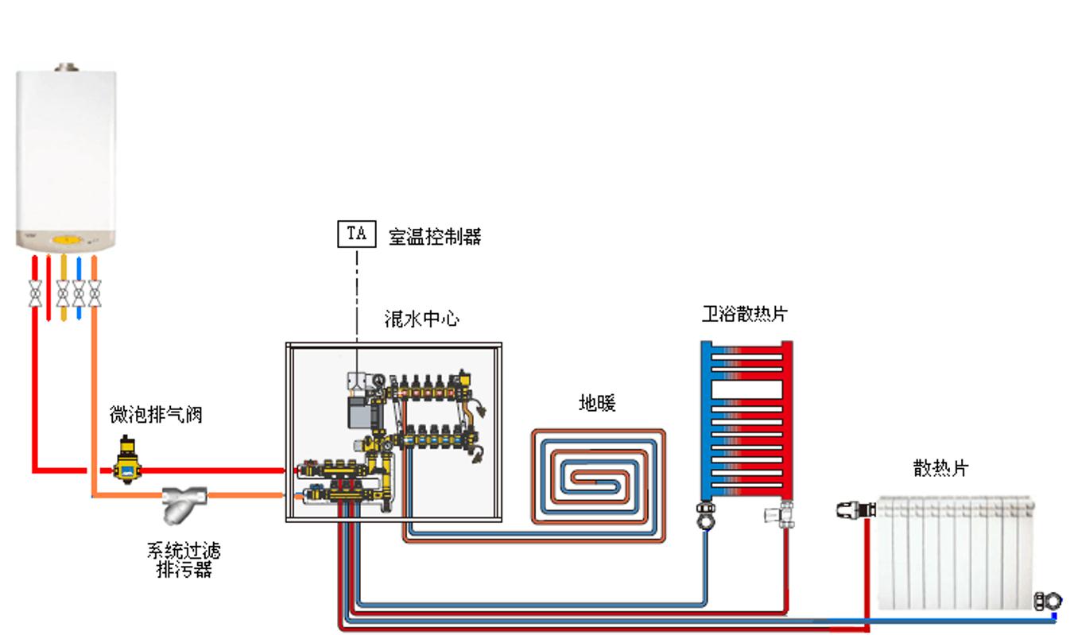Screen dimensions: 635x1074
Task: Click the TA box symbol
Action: click(x=356, y=234)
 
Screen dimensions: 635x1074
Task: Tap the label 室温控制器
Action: click(x=434, y=236)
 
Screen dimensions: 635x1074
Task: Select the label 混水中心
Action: click(x=421, y=319)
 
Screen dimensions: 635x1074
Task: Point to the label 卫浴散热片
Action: click(x=744, y=313)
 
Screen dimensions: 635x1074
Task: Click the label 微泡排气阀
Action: click(x=156, y=415)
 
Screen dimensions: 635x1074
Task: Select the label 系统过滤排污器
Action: click(x=184, y=559)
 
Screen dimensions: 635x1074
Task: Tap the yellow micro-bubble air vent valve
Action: click(x=125, y=459)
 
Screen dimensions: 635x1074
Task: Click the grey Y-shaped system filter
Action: click(x=184, y=503)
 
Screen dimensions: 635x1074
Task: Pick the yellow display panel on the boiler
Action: click(x=68, y=239)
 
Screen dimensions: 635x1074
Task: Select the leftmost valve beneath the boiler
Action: click(x=35, y=294)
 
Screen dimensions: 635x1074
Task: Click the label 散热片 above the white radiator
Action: click(x=940, y=468)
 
